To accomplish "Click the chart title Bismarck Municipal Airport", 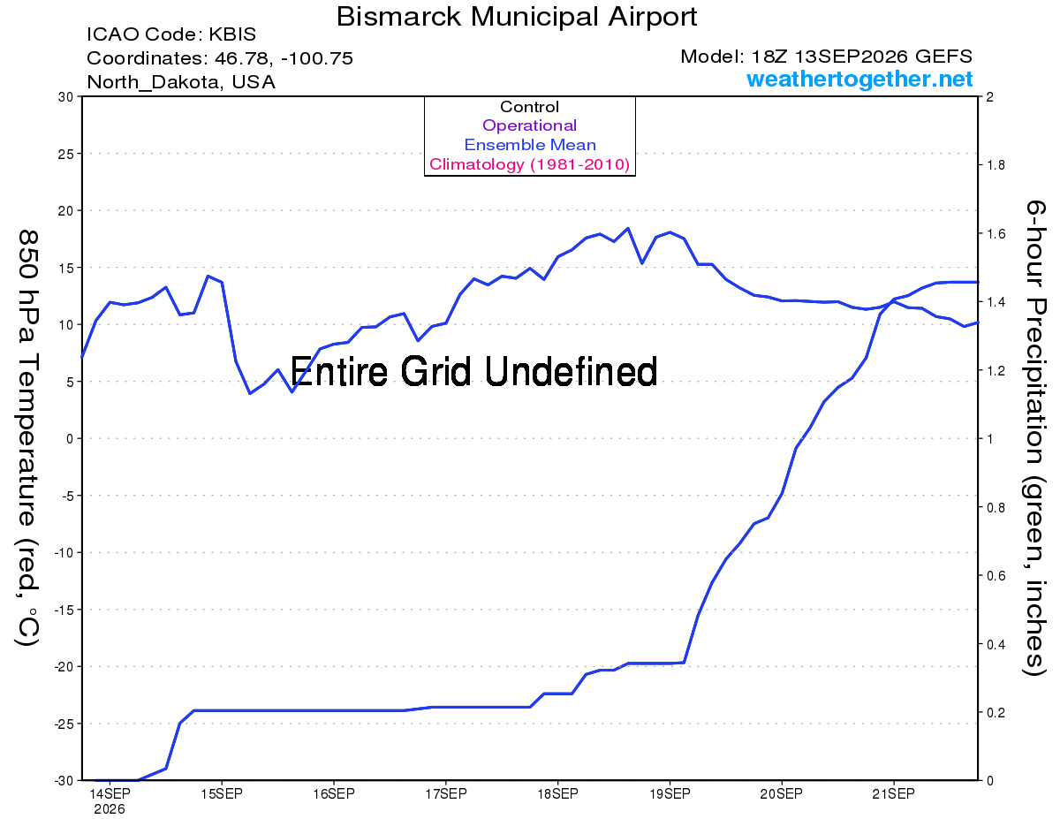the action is [517, 17].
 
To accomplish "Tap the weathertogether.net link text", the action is [859, 79].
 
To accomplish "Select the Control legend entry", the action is [529, 107].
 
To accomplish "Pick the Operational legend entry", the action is [529, 125].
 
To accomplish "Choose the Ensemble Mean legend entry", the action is [530, 145].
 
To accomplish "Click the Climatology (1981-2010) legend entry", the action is [529, 164].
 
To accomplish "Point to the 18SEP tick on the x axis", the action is [557, 794].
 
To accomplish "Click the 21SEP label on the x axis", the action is [893, 794].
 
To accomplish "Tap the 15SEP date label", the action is [222, 794].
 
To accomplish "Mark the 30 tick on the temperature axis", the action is [65, 97].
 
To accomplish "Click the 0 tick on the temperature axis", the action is [69, 439].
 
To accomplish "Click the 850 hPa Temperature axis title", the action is [27, 438].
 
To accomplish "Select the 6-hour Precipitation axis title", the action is [1033, 437].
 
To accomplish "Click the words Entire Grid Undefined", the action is [473, 371].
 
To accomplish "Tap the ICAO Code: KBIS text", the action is [171, 34].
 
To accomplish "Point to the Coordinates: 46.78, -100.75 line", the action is [220, 58].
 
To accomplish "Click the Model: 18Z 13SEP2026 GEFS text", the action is [826, 57].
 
